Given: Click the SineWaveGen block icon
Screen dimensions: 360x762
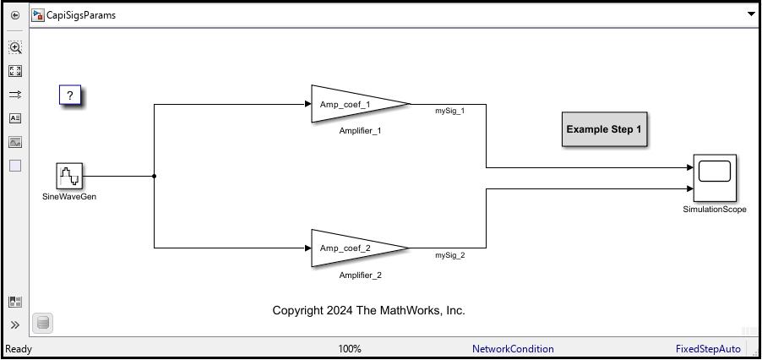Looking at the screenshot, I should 69,177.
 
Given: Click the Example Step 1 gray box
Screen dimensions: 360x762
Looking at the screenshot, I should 604,130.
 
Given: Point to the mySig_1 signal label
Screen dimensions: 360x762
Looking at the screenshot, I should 449,111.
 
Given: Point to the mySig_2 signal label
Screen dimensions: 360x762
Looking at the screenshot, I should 449,254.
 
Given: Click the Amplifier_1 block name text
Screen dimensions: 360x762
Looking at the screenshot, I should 361,131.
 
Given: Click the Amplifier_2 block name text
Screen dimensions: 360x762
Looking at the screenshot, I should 361,275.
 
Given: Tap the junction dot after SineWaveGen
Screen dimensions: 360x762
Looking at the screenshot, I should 154,177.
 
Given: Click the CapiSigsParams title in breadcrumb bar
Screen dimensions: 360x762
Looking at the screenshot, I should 81,15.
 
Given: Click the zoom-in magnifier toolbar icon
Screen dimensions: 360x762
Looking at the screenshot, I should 15,48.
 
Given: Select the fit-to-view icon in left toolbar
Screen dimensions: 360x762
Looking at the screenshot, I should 15,72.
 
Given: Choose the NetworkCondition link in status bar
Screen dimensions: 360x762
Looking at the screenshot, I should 513,349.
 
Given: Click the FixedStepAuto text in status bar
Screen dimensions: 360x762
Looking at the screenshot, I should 708,349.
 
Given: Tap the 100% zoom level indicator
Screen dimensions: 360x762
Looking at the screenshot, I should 350,349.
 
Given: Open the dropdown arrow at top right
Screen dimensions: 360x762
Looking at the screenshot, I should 750,15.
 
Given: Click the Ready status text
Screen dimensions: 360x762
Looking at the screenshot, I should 19,349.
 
